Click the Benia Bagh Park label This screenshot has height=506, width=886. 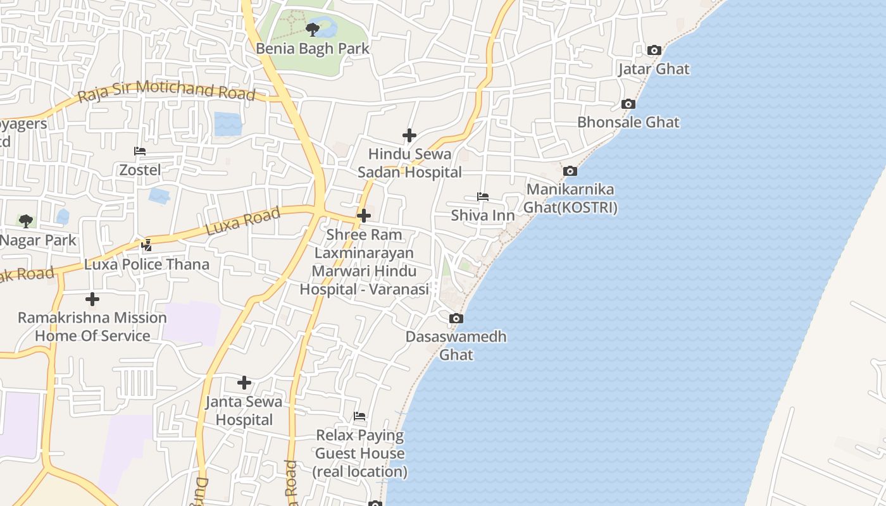point(313,49)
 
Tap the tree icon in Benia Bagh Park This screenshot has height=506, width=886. point(312,29)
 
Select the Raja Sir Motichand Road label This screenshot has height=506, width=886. point(166,91)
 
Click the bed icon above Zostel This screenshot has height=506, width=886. point(140,151)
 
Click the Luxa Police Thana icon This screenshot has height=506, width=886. point(147,245)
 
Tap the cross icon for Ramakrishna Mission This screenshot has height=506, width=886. point(92,299)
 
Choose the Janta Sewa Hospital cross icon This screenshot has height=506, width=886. point(244,383)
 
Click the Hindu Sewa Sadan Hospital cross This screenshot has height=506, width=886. point(409,135)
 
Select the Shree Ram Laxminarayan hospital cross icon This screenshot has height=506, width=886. point(364,216)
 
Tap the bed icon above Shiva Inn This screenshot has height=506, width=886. point(483,197)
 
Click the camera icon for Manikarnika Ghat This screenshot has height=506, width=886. point(570,171)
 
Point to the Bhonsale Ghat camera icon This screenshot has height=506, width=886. point(628,104)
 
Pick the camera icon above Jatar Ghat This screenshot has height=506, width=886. point(654,50)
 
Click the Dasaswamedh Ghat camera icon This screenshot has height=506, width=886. point(456,318)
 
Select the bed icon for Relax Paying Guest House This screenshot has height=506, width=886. point(359,416)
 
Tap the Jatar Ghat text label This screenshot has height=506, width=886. point(654,69)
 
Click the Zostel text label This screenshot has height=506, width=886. point(140,170)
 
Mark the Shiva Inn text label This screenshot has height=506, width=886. point(483,216)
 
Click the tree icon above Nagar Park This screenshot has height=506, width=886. point(26,221)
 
